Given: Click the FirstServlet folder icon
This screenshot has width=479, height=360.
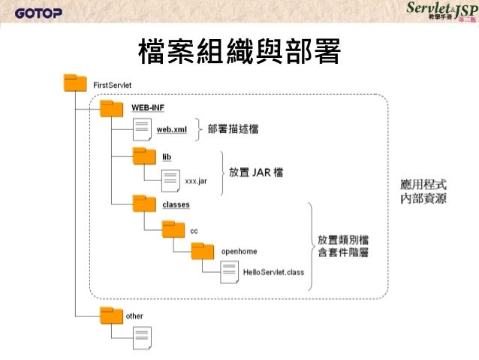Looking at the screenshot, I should [x=77, y=83].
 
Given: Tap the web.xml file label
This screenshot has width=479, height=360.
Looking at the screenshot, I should [x=171, y=129].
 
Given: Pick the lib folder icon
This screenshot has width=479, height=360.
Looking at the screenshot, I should [x=143, y=156].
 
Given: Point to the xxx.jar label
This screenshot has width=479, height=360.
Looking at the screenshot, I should [x=196, y=180].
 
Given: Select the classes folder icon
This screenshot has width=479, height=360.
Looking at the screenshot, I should [x=143, y=203].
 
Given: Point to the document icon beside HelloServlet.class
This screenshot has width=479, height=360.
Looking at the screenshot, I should [x=230, y=271].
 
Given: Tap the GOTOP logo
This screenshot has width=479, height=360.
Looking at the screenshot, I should [x=39, y=12].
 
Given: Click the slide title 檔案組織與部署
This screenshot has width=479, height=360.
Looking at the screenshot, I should [x=239, y=52].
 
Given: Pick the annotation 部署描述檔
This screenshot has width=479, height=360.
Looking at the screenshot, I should [x=233, y=129].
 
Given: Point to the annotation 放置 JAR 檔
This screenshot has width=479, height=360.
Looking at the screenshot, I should [x=256, y=172].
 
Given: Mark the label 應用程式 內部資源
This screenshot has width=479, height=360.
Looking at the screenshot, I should [x=423, y=192].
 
